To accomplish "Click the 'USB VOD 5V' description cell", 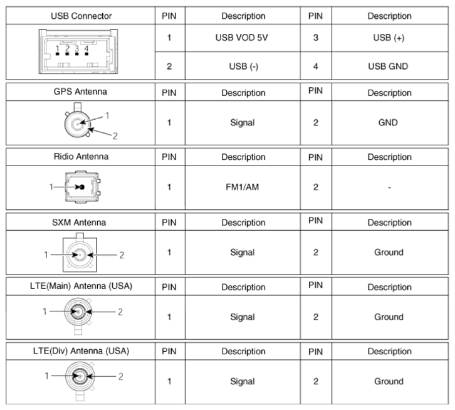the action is (x=241, y=38).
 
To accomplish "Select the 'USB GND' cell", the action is (x=388, y=66).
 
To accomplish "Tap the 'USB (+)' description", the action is (x=389, y=38).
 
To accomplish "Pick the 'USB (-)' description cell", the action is (x=243, y=66).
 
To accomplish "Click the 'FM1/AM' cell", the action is (x=243, y=187).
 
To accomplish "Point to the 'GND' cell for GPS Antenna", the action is (x=388, y=122).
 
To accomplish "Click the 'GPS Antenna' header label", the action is (x=80, y=92).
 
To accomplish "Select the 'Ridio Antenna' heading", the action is (x=81, y=157).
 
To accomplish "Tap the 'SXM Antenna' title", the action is (x=79, y=223).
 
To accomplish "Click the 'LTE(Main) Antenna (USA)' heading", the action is (x=81, y=286).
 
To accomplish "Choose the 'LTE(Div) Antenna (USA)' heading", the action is (x=81, y=351).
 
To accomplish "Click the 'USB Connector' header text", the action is (x=81, y=16).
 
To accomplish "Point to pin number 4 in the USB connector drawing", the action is (x=86, y=48).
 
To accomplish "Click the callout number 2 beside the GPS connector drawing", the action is (x=115, y=136).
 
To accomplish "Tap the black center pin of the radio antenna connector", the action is (x=82, y=187).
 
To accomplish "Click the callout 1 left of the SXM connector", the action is (x=46, y=255).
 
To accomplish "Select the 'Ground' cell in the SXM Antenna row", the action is (x=389, y=252).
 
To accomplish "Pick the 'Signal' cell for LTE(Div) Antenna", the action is (x=243, y=382).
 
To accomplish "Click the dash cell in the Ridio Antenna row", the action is (x=389, y=187).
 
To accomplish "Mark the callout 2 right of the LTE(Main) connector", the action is (x=120, y=312).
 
